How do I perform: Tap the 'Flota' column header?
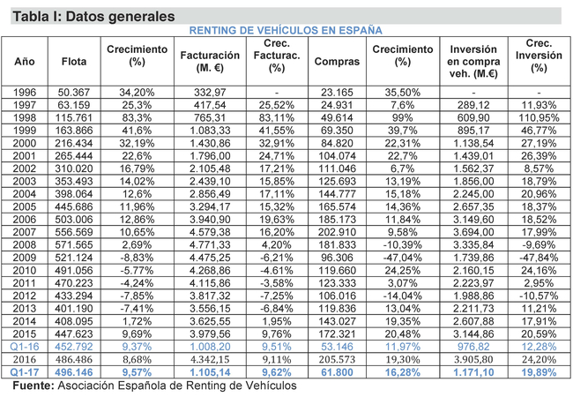tap(74, 62)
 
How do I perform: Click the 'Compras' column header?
tap(336, 62)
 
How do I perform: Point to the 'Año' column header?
tap(24, 62)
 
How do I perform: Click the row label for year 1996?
tap(24, 92)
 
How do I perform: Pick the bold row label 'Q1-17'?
tap(24, 373)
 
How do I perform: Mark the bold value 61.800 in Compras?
tap(336, 373)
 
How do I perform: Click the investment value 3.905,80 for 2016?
tap(473, 361)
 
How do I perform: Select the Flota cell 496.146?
tap(74, 373)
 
